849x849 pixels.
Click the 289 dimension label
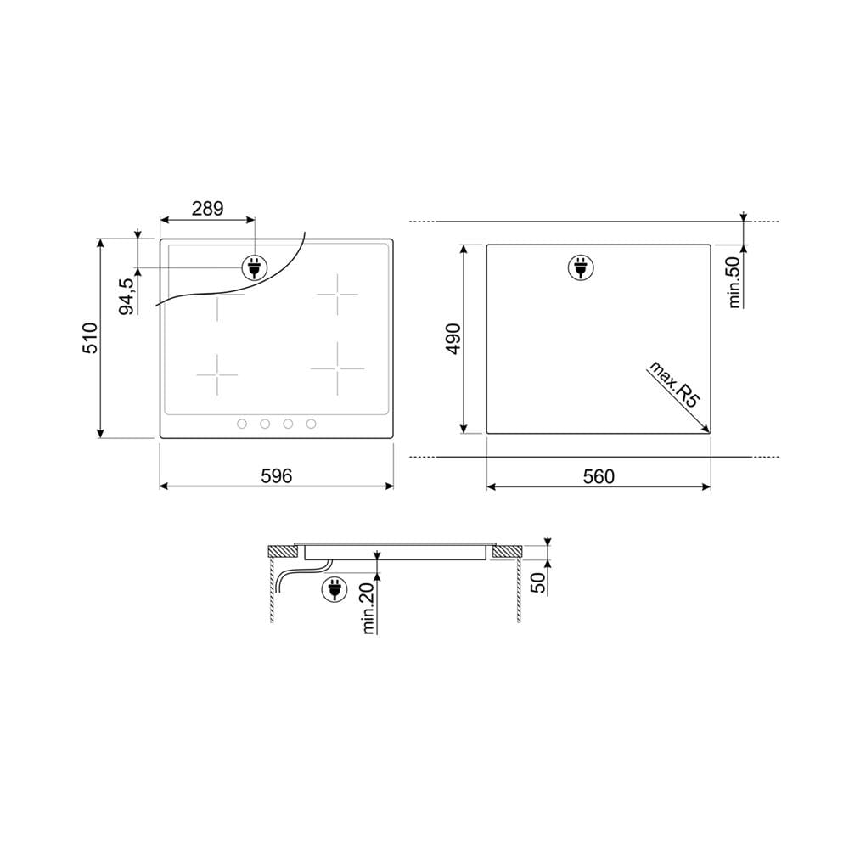207,209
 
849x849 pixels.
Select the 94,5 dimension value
127,296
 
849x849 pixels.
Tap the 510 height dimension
90,339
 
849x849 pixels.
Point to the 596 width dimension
276,476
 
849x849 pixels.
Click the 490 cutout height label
453,339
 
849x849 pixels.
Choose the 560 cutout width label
599,476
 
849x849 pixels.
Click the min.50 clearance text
734,282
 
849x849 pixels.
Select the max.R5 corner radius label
675,384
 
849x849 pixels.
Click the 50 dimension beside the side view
538,582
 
